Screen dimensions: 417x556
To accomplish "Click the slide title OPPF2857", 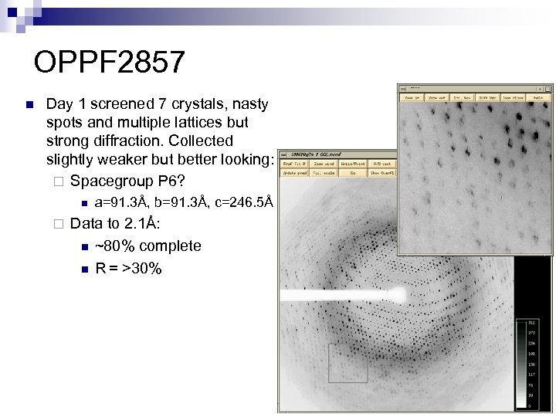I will [x=110, y=63].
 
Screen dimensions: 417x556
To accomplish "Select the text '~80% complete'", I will [x=147, y=246].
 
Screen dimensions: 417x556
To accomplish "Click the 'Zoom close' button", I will [x=513, y=97].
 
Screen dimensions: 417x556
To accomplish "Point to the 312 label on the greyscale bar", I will [x=532, y=322].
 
